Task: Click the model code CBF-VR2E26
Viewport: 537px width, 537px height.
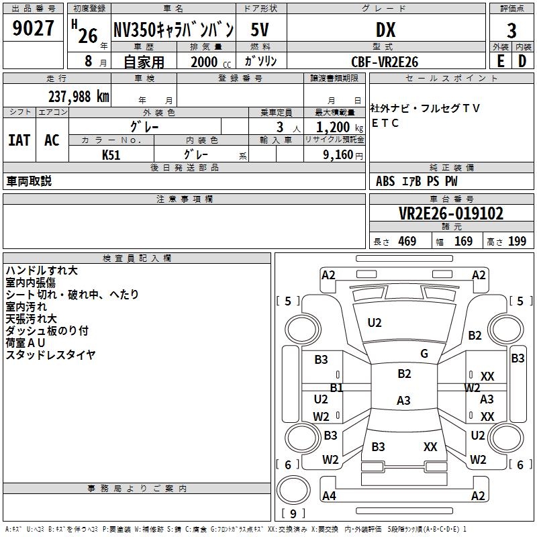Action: click(385, 62)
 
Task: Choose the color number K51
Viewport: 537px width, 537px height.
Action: click(111, 154)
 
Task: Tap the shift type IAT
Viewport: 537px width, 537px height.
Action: click(19, 140)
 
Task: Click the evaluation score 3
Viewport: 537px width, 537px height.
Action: click(511, 31)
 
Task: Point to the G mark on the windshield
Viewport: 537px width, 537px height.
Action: click(424, 354)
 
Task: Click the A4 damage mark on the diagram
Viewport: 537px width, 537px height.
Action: click(329, 496)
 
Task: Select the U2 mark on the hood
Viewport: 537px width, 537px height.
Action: click(375, 323)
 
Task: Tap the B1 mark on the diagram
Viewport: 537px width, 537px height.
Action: click(336, 387)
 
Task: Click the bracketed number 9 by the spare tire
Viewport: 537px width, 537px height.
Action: click(292, 514)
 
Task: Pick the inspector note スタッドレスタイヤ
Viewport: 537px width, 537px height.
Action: click(51, 354)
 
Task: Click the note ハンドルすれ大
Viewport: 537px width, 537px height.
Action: click(42, 270)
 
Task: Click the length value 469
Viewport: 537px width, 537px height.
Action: click(407, 242)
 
